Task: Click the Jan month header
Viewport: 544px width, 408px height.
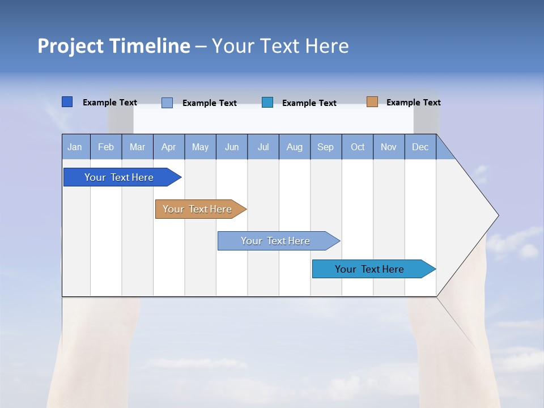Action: [75, 147]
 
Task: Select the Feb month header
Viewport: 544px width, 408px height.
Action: [106, 147]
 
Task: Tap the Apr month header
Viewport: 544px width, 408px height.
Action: [168, 147]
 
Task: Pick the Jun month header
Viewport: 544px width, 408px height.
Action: [232, 147]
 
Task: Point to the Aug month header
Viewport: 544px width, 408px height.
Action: [295, 147]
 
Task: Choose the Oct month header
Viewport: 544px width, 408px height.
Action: [358, 147]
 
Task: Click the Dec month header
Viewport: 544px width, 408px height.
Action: [420, 147]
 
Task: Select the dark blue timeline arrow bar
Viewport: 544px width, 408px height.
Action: [119, 177]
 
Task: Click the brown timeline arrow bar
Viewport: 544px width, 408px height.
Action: [197, 209]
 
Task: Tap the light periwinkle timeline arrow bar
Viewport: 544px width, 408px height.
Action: [275, 241]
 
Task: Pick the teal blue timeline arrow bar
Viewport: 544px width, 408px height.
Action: [369, 269]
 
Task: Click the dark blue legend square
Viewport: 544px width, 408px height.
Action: [67, 102]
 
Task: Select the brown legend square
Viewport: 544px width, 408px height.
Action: [372, 102]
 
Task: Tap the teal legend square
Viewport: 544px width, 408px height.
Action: [267, 103]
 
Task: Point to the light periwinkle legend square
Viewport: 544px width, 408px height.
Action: [167, 103]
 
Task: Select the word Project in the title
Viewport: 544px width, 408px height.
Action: [71, 46]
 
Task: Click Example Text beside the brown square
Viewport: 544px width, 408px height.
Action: [413, 103]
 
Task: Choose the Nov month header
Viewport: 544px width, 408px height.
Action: [389, 147]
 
